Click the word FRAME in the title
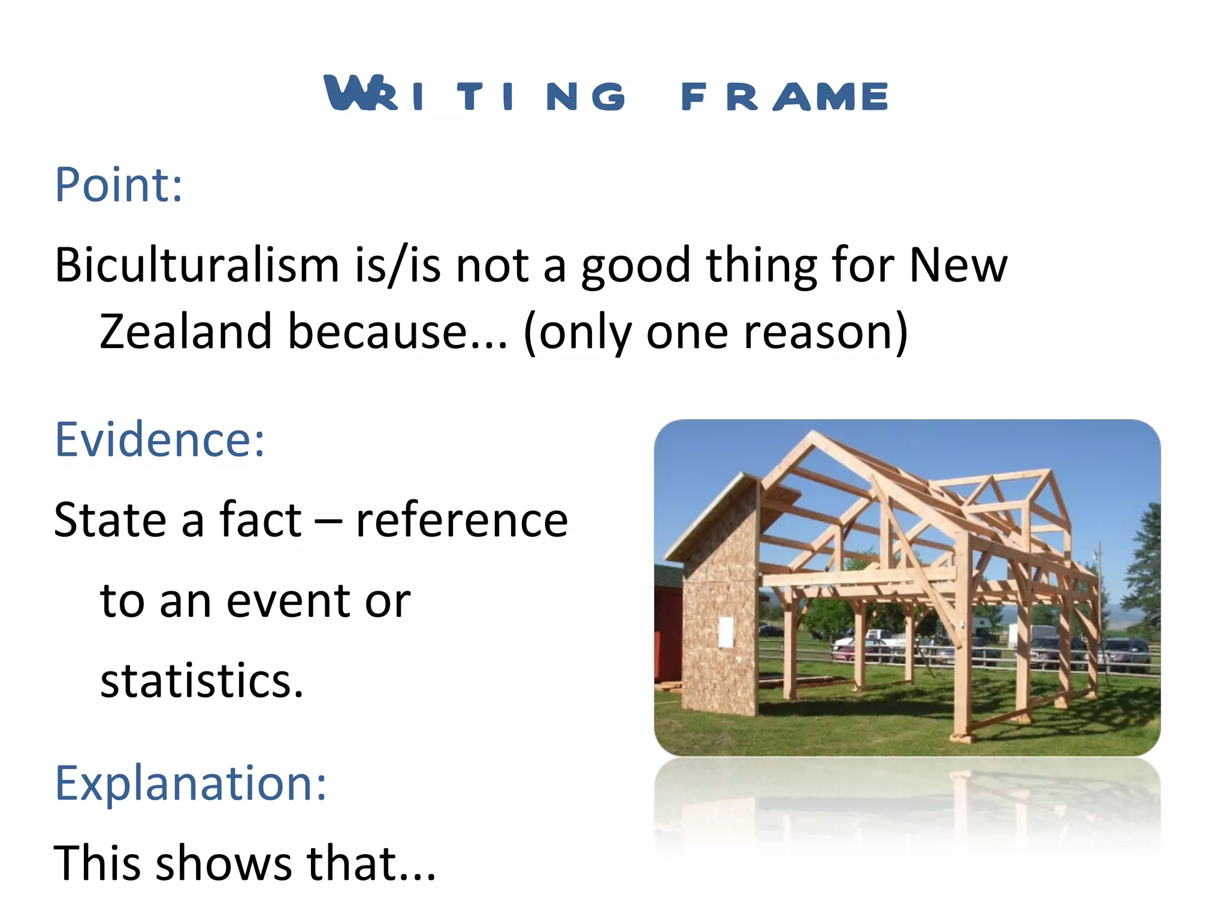pos(784,96)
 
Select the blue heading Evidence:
pos(159,440)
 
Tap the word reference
pos(461,520)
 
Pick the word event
pos(290,600)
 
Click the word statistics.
pos(201,681)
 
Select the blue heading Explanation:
pos(191,783)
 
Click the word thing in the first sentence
pos(760,265)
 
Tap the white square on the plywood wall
pos(726,632)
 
